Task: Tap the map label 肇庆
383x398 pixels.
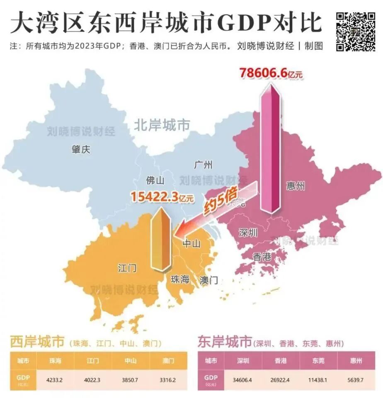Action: (x=81, y=150)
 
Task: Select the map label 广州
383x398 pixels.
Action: (x=203, y=165)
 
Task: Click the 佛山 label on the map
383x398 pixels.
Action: (x=155, y=180)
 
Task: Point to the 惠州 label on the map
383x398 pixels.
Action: (x=296, y=186)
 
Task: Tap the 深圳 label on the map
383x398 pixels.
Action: (x=248, y=233)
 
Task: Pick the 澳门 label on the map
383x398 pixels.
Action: (x=208, y=280)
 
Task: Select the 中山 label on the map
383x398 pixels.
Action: (x=192, y=243)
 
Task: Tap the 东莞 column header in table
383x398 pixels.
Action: (x=318, y=361)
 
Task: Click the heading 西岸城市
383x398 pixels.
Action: (x=37, y=342)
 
